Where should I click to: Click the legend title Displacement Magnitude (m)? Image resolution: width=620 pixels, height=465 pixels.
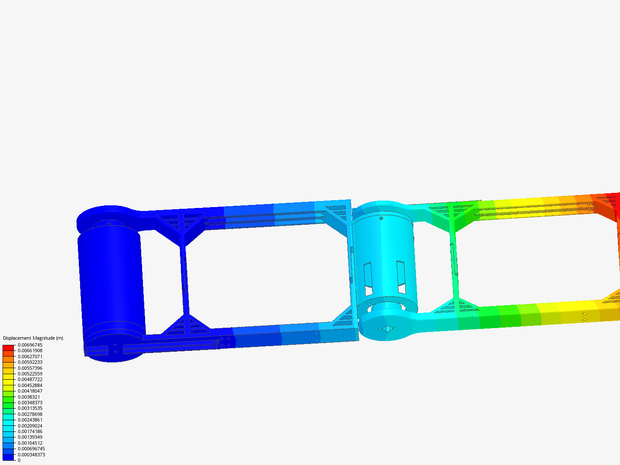[33, 338]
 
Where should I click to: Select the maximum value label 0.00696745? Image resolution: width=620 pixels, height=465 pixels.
[30, 345]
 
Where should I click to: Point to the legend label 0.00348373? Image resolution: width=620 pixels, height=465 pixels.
[30, 403]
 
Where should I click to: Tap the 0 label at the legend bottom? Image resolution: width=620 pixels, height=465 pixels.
[19, 460]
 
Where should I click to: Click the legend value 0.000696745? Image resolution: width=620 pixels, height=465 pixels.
[31, 449]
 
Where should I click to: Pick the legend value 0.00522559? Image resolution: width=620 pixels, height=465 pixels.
[30, 374]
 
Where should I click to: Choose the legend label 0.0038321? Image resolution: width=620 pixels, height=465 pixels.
[29, 397]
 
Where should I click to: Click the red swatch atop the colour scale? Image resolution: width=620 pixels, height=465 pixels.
[8, 348]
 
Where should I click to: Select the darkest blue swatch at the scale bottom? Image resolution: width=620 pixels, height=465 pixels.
[8, 457]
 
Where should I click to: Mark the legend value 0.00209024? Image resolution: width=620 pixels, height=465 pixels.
[30, 426]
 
